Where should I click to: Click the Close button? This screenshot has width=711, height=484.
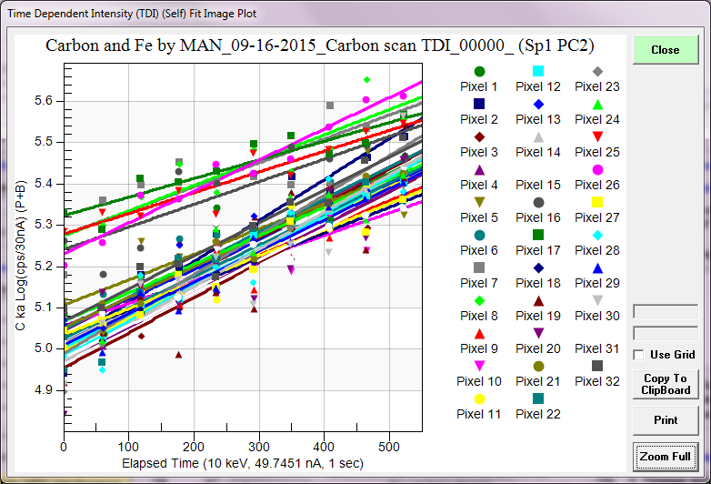point(666,49)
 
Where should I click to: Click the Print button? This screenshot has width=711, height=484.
point(666,420)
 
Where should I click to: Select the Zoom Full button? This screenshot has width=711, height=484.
point(666,456)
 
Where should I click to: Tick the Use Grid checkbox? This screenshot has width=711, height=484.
point(639,354)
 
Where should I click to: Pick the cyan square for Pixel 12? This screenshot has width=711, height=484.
point(538,71)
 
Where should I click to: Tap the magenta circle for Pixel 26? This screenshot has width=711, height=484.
point(597,169)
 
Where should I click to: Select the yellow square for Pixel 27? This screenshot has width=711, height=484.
point(597,202)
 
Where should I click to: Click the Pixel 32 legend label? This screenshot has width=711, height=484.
point(597,381)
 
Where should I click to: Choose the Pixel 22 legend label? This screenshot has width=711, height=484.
point(538,414)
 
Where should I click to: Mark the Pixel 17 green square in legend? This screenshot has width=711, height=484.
point(538,235)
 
